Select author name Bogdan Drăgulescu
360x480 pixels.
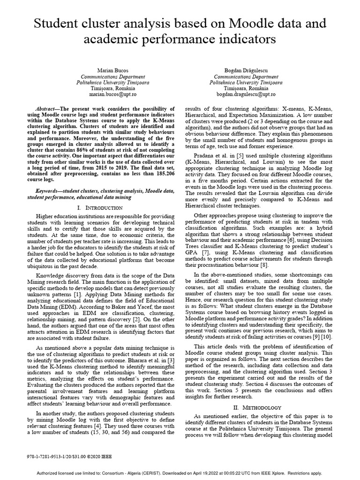click(246, 70)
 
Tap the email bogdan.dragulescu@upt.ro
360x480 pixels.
click(246, 94)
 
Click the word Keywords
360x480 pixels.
click(50, 191)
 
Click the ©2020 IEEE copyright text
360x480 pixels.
click(98, 456)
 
